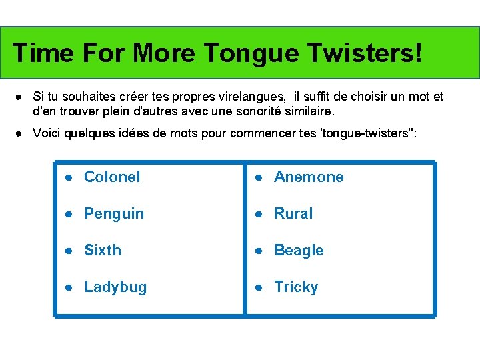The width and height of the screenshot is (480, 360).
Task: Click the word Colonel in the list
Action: pos(112,177)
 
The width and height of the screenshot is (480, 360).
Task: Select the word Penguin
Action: pos(114,214)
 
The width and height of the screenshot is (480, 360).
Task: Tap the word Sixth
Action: pos(103,251)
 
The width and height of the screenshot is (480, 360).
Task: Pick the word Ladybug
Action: pos(115,287)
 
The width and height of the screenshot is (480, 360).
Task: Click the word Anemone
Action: pos(309,177)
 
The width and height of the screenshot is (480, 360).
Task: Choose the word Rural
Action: pos(293,214)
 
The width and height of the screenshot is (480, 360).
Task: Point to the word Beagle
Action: pos(299,251)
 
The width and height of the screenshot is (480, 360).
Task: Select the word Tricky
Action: pos(296,287)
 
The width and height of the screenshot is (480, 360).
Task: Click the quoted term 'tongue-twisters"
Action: pos(369,133)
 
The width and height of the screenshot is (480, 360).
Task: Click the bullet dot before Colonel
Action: pos(69,177)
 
